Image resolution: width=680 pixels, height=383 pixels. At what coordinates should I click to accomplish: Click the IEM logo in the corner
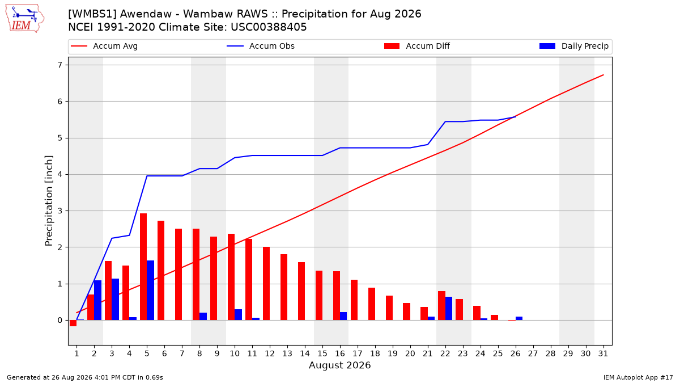pyautogui.click(x=25, y=19)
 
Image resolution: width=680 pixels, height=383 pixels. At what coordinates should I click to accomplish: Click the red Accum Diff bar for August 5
pyautogui.click(x=143, y=267)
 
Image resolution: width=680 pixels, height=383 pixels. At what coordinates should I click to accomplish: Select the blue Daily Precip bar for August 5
pyautogui.click(x=150, y=291)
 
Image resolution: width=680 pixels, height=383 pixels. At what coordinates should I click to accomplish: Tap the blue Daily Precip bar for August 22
pyautogui.click(x=449, y=309)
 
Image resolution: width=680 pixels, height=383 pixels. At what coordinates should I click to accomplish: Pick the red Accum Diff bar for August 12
pyautogui.click(x=266, y=284)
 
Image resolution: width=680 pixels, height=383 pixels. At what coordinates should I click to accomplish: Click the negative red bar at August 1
pyautogui.click(x=73, y=323)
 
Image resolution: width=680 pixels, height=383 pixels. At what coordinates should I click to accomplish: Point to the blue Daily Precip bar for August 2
pyautogui.click(x=97, y=300)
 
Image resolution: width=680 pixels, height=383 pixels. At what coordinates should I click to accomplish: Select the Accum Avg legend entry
pyautogui.click(x=104, y=46)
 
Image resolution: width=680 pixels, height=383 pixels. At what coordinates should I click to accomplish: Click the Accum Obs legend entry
pyautogui.click(x=261, y=46)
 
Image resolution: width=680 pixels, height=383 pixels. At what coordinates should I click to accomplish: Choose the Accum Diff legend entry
pyautogui.click(x=417, y=46)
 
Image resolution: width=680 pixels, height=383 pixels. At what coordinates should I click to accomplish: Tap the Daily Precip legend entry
pyautogui.click(x=573, y=46)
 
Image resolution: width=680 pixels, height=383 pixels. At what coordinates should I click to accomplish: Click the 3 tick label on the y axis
pyautogui.click(x=60, y=211)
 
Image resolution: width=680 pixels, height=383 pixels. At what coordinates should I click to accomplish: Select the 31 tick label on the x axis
pyautogui.click(x=603, y=353)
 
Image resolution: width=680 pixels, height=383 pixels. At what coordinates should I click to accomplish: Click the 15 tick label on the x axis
pyautogui.click(x=322, y=353)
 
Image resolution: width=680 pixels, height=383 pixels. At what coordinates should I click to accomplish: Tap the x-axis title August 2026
pyautogui.click(x=339, y=365)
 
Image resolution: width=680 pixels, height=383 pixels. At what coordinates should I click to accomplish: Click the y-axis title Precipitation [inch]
pyautogui.click(x=49, y=201)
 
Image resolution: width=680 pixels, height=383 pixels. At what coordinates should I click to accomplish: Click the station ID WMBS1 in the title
pyautogui.click(x=92, y=14)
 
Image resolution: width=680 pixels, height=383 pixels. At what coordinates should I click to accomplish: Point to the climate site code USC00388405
pyautogui.click(x=269, y=27)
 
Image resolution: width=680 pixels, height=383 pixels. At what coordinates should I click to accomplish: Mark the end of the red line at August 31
pyautogui.click(x=603, y=75)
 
